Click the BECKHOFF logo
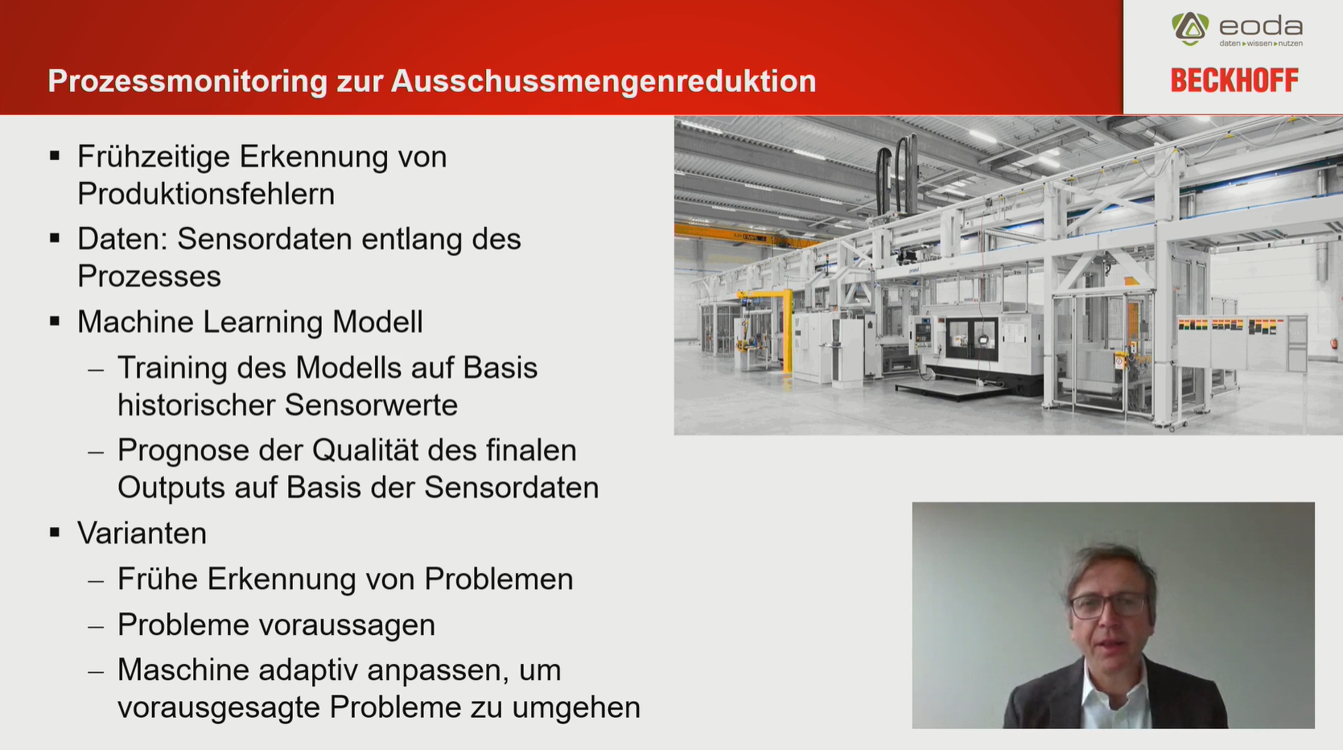(x=1234, y=80)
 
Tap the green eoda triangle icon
(x=1190, y=28)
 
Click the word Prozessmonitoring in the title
(x=187, y=81)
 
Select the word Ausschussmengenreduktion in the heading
(x=604, y=81)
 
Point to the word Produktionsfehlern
(x=206, y=194)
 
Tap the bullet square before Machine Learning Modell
(x=56, y=321)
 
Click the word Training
(x=172, y=368)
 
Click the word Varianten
(x=142, y=533)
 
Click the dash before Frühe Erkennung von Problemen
(x=96, y=581)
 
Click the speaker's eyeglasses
(x=1107, y=605)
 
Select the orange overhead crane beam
(x=744, y=236)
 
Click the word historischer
(x=196, y=405)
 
